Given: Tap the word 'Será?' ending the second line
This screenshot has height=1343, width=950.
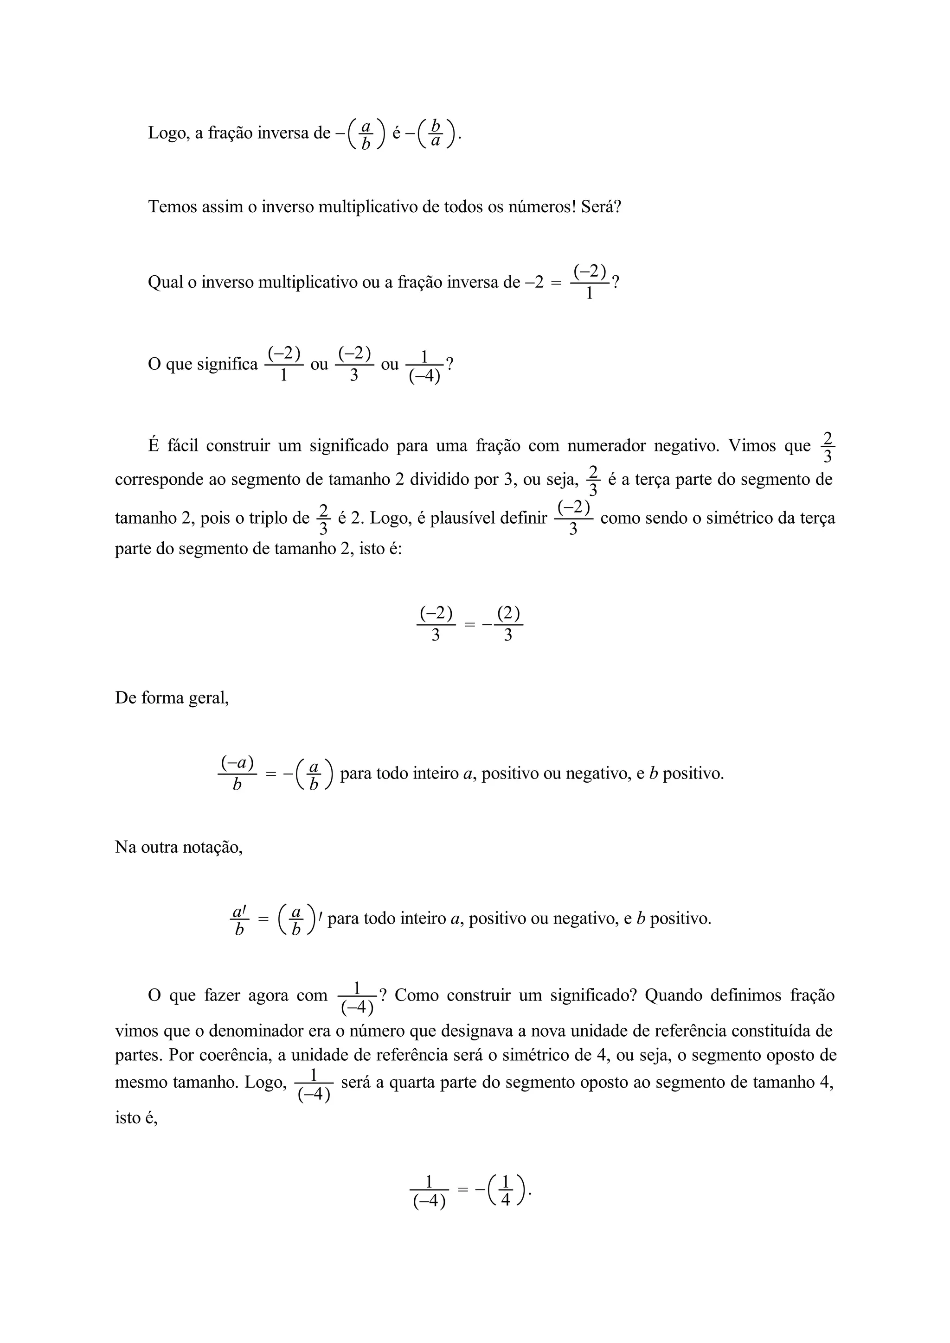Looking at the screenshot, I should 601,207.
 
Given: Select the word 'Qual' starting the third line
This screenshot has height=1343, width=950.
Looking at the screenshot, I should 165,283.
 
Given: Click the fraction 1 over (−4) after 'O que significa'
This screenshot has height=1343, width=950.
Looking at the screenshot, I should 424,366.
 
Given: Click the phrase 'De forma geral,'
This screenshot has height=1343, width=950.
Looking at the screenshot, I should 172,698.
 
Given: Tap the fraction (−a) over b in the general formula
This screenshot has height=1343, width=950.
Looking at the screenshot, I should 237,773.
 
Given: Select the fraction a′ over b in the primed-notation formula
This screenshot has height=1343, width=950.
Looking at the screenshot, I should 239,921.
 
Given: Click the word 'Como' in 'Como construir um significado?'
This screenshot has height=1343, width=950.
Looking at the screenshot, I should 416,995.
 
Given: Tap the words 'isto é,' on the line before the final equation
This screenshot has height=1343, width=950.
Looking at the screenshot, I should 136,1118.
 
